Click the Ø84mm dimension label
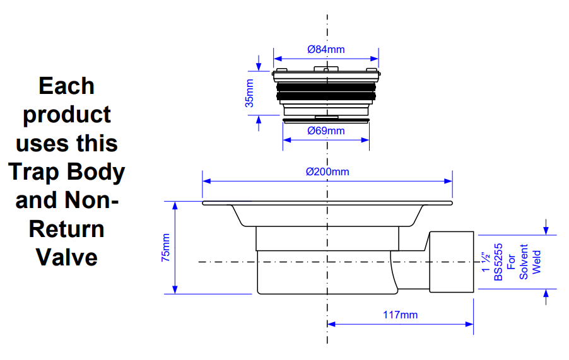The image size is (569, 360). (326, 49)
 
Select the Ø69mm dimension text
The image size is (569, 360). (326, 131)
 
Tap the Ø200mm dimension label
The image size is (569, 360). (327, 171)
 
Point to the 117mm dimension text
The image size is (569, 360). (400, 315)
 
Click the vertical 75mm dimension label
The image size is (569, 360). (166, 248)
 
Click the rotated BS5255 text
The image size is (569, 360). (498, 262)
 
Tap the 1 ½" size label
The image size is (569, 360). (486, 262)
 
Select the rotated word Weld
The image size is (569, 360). (537, 262)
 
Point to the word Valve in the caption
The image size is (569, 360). (66, 257)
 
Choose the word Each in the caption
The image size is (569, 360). (66, 86)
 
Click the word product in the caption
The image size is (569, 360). (66, 115)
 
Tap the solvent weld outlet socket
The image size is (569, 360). (451, 261)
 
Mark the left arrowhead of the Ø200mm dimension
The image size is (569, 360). (206, 181)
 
